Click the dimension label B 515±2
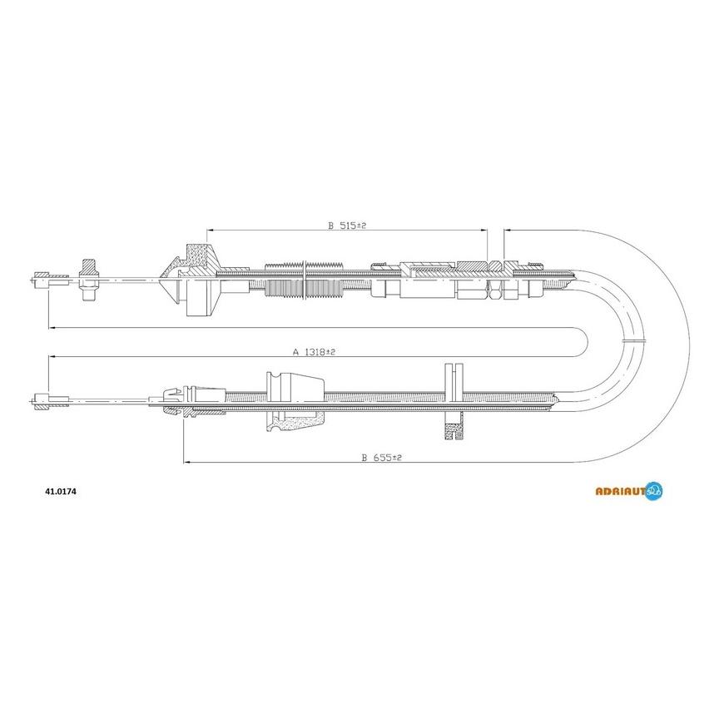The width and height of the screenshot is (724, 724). (347, 226)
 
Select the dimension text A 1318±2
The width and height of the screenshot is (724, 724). (314, 352)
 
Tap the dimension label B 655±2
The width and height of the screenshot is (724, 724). (382, 458)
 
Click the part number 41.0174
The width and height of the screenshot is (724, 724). (61, 492)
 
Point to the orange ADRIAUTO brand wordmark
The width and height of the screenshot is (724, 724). (620, 492)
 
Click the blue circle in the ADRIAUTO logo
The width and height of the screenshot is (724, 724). (654, 491)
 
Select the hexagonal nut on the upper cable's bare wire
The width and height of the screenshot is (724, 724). (89, 280)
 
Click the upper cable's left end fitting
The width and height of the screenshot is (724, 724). (49, 278)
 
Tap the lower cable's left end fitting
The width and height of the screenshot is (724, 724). (50, 399)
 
